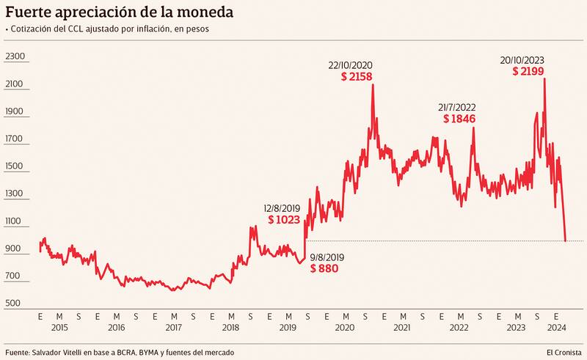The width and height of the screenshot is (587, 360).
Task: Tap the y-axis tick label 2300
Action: (x=15, y=56)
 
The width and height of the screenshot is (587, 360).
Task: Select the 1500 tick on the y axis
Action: (x=15, y=166)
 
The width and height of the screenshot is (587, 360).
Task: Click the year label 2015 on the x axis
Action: (x=59, y=328)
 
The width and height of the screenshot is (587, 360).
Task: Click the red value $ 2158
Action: (x=358, y=76)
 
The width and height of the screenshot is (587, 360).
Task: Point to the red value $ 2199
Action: (x=528, y=71)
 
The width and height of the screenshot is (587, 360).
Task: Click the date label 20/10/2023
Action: (x=522, y=59)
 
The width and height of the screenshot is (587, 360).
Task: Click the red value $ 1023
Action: (x=283, y=219)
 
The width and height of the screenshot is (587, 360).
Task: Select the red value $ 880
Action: (x=324, y=269)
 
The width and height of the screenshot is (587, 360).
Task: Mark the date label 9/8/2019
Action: (x=327, y=257)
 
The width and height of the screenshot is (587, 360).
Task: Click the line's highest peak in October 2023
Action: (x=544, y=78)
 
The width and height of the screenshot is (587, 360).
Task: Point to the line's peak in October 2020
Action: (x=373, y=85)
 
